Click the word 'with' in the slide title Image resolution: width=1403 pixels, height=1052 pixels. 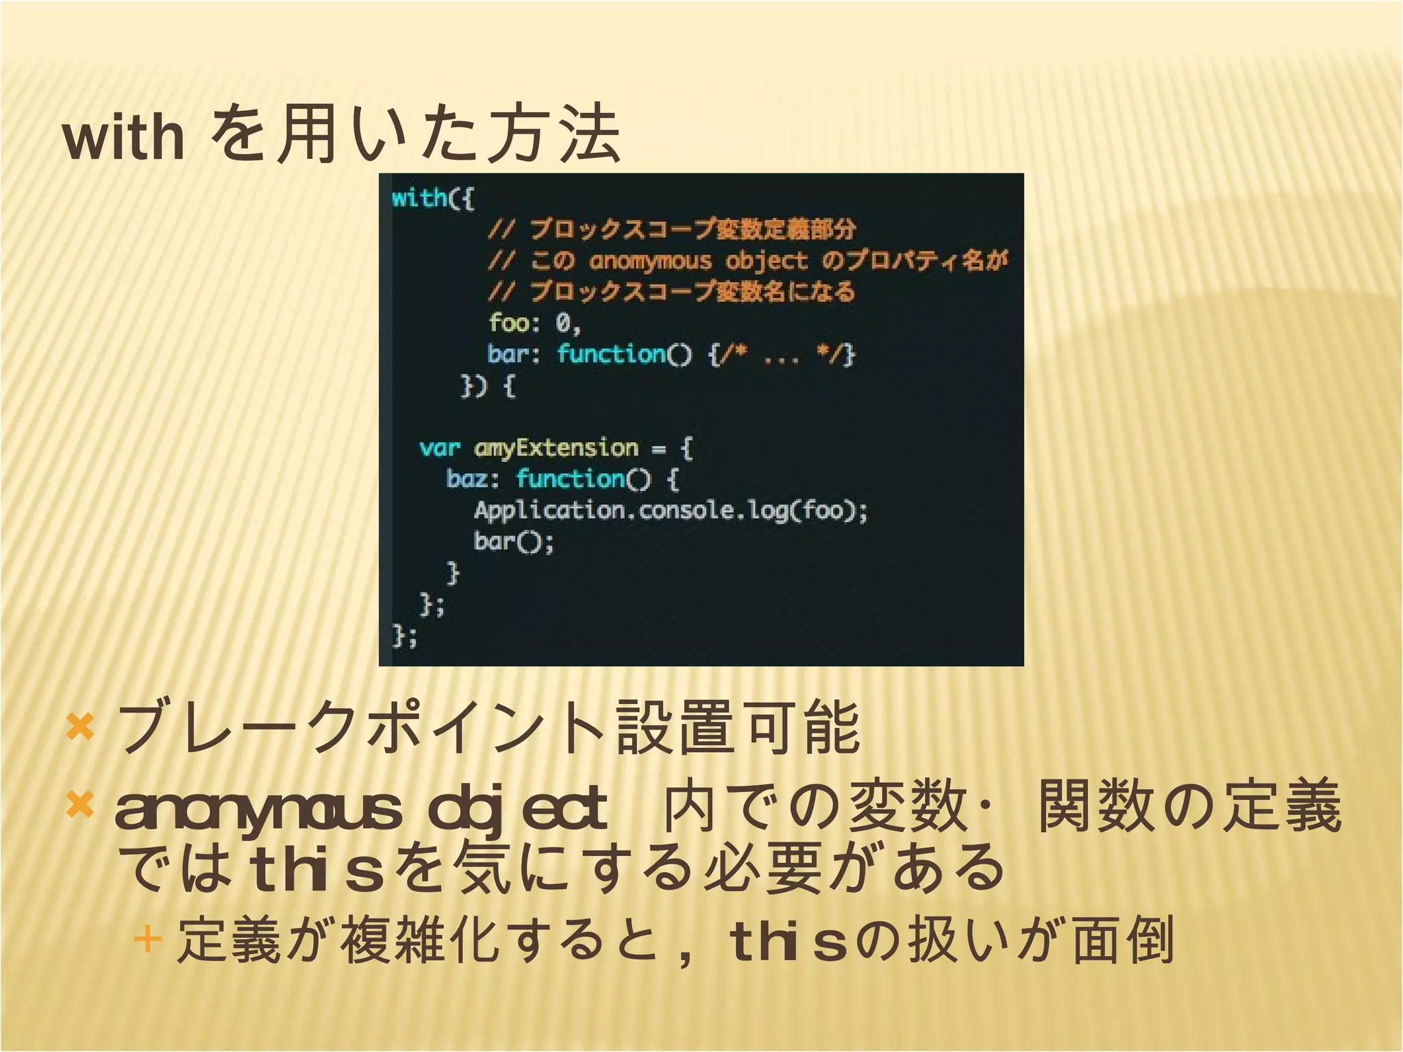coord(123,137)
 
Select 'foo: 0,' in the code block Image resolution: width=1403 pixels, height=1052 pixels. coord(534,323)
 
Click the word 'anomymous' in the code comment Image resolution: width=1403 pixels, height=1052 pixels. coord(650,261)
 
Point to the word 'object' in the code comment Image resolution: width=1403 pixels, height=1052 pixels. coord(767,261)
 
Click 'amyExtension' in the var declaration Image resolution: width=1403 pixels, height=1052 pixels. coord(556,449)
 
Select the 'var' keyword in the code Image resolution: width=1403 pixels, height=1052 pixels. coord(439,449)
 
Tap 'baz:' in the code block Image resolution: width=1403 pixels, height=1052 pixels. coord(473,479)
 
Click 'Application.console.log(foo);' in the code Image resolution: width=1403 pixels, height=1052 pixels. coord(671,511)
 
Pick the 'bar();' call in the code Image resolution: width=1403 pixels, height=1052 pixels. coord(513,542)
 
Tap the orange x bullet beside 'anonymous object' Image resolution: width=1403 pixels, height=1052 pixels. coord(80,805)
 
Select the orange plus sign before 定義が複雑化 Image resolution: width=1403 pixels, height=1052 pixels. coord(147,939)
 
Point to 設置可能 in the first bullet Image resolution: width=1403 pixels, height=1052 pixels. coord(738,727)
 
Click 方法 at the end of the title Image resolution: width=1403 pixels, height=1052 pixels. coord(554,134)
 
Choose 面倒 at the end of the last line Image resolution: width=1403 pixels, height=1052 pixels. coord(1123,940)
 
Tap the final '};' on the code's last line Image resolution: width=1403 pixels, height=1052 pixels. coord(404,636)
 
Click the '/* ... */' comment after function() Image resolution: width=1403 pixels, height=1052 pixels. coord(781,355)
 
